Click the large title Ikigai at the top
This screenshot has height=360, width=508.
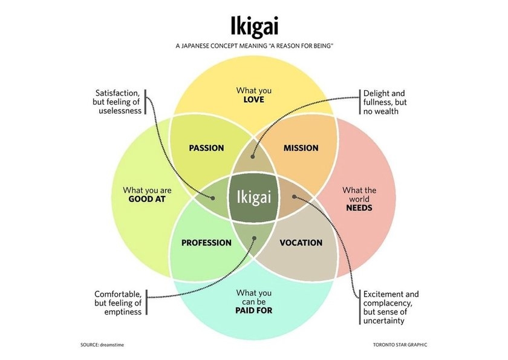pyautogui.click(x=253, y=26)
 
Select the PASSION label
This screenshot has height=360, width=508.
pyautogui.click(x=206, y=148)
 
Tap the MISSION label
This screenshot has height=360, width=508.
pyautogui.click(x=301, y=148)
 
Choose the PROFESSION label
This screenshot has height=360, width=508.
pyautogui.click(x=206, y=243)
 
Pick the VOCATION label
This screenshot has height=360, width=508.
pyautogui.click(x=301, y=243)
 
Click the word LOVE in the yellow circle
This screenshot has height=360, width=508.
pyautogui.click(x=254, y=99)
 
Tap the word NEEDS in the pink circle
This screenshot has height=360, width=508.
pyautogui.click(x=359, y=208)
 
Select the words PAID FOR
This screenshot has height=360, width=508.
pyautogui.click(x=254, y=310)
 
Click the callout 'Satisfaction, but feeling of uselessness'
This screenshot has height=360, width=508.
pyautogui.click(x=118, y=102)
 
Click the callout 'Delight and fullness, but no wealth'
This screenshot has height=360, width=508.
pyautogui.click(x=384, y=102)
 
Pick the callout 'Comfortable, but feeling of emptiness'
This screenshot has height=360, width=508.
pyautogui.click(x=118, y=303)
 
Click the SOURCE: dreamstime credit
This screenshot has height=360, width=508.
pyautogui.click(x=106, y=344)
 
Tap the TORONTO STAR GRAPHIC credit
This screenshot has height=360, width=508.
pyautogui.click(x=400, y=344)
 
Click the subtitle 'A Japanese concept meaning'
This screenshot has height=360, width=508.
pyautogui.click(x=254, y=47)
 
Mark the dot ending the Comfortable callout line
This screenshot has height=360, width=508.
pyautogui.click(x=254, y=237)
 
